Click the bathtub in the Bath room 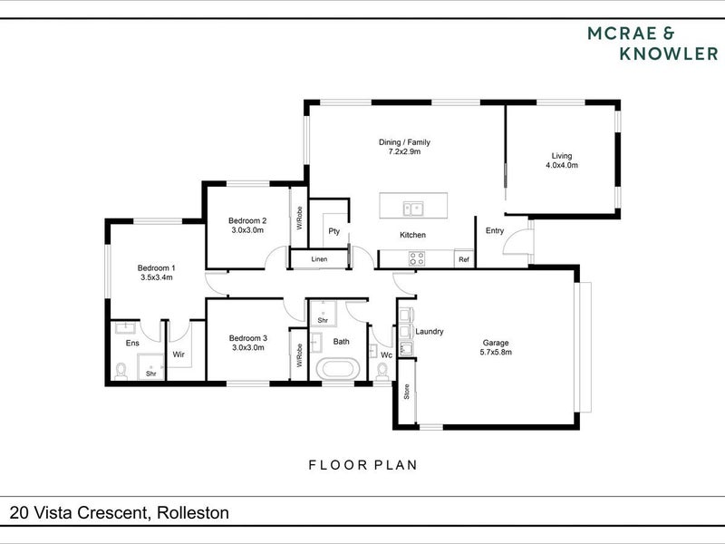coord(338,369)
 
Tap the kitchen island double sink coord(414,209)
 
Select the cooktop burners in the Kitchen coord(417,258)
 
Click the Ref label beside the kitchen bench coord(464,259)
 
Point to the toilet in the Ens coord(121,372)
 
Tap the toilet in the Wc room coord(382,372)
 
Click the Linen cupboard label coord(319,259)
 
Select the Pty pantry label coord(333,231)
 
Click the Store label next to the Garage coord(407,392)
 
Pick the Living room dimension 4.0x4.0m coord(562,165)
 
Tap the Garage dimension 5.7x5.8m coord(496,352)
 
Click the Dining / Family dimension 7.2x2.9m coord(404,151)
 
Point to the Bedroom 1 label coord(156,267)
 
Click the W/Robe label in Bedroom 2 coord(300,218)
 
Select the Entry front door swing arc coord(511,237)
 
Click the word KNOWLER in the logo coord(669,53)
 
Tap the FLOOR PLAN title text coord(363,465)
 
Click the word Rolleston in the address coord(193,512)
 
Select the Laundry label coord(430,331)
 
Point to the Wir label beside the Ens coord(179,355)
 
